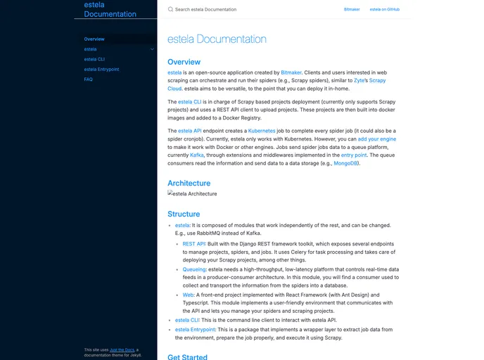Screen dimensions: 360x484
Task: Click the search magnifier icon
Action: click(x=170, y=10)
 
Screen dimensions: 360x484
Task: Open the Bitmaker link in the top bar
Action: click(x=352, y=10)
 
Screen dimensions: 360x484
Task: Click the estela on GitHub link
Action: click(x=385, y=10)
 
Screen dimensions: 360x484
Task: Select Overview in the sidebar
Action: click(x=94, y=39)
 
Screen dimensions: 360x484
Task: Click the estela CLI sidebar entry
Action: click(x=94, y=60)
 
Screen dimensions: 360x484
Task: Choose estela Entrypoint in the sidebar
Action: click(x=101, y=70)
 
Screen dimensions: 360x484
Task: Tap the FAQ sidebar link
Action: click(x=89, y=79)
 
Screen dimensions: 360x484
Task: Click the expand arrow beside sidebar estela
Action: click(x=152, y=49)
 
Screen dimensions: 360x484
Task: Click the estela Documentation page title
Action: click(x=217, y=39)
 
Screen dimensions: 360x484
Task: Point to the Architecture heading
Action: click(x=189, y=184)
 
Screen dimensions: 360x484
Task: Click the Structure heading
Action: click(x=184, y=214)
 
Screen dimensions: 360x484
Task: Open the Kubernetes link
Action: click(x=262, y=131)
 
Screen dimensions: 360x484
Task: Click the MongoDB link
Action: click(x=346, y=163)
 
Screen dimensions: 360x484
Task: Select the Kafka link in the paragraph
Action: click(x=197, y=155)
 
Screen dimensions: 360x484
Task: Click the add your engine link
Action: click(x=377, y=139)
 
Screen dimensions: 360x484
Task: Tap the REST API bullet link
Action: click(x=194, y=244)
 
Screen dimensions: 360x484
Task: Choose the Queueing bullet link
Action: click(x=195, y=269)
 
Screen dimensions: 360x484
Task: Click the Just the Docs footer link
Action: click(x=122, y=349)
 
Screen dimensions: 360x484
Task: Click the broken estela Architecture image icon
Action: click(x=170, y=193)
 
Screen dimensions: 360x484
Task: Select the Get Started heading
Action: click(x=187, y=356)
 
